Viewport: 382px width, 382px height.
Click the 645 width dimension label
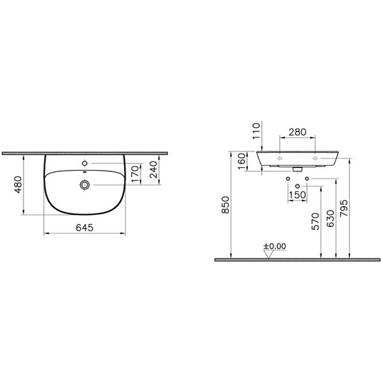pos(84,228)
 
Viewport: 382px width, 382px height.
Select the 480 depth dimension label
pos(19,185)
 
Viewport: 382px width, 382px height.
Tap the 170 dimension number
pos(135,174)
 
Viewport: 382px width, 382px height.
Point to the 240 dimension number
pos(154,169)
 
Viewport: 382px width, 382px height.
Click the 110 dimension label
pos(256,131)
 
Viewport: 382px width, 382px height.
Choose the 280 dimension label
pos(298,132)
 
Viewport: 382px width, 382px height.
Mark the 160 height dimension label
pos(241,161)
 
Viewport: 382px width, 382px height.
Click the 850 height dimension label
pos(226,205)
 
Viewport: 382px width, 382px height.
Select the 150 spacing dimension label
pos(297,195)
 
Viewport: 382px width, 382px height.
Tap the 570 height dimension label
pos(316,221)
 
